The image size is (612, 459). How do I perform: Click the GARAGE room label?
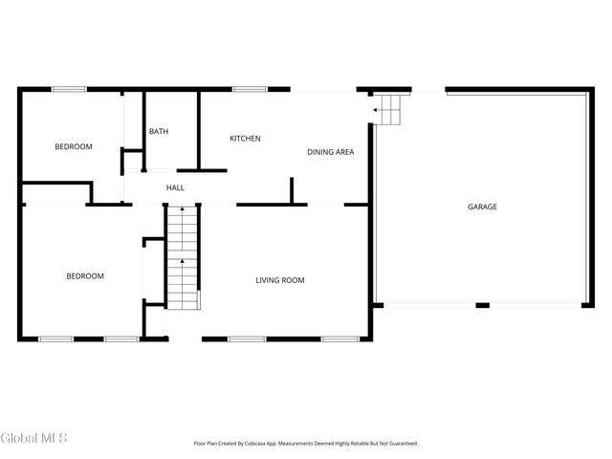(482, 207)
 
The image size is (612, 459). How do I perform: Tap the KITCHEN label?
(245, 139)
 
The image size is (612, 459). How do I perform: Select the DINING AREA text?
(331, 152)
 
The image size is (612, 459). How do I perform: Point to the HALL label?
(175, 187)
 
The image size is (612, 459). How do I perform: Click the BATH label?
(158, 131)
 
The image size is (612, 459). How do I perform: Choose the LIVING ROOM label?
(279, 280)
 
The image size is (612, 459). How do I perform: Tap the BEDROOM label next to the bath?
(73, 146)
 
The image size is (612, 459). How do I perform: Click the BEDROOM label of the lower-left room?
(84, 276)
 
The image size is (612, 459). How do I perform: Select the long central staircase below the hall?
(182, 257)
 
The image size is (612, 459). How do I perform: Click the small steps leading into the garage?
(389, 110)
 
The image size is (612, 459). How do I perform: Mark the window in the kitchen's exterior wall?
(250, 90)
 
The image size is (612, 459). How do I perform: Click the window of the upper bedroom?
(69, 90)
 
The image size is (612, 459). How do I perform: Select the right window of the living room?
(339, 339)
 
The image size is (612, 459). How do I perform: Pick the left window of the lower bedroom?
(55, 339)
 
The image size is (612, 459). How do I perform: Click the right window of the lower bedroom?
(121, 339)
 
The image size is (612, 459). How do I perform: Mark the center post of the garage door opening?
(483, 306)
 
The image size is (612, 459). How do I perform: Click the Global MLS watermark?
(34, 438)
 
